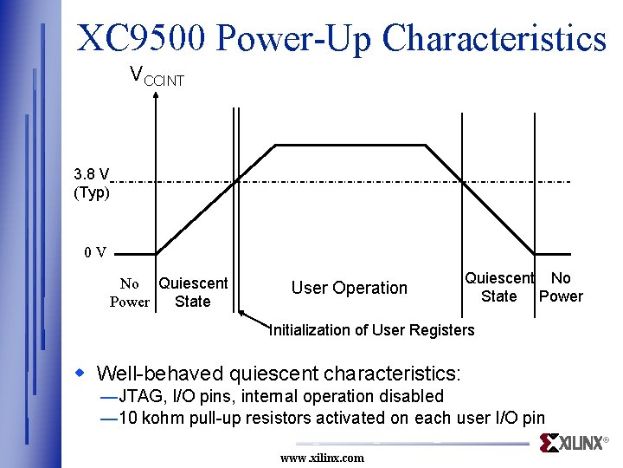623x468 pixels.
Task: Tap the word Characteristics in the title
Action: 494,38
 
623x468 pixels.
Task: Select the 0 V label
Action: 95,252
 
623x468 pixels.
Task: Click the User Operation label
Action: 349,288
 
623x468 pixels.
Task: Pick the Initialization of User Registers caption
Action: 372,329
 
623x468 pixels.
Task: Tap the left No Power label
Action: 130,293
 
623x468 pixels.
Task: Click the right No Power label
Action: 561,287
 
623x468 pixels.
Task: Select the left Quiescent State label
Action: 193,292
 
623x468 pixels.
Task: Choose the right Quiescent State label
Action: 499,287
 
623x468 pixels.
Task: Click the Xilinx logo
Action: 574,443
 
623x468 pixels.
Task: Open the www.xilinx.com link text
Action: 322,458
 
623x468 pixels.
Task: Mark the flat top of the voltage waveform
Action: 350,145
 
